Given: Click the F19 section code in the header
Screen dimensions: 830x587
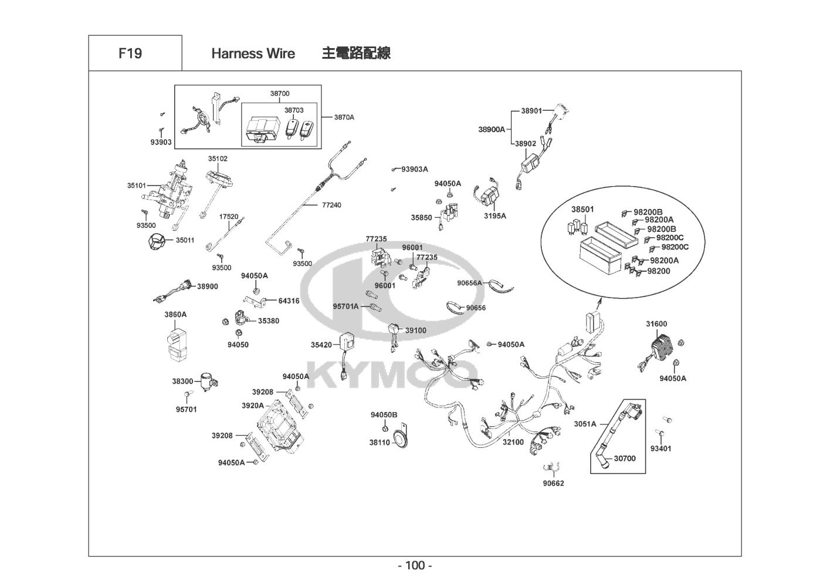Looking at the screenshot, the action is point(130,53).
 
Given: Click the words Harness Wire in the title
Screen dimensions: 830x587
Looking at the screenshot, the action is point(253,53).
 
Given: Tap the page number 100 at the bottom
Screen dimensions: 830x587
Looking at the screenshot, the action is point(415,566).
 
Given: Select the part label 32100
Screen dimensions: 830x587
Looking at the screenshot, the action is point(513,442).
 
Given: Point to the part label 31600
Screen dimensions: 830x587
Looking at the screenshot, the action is point(656,324).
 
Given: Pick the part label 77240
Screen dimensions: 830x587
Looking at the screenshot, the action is point(331,205).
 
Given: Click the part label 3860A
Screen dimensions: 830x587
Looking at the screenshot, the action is point(175,315).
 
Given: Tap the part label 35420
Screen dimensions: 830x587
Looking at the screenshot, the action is point(321,345).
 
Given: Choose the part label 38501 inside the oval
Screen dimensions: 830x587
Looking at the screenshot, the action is point(582,210).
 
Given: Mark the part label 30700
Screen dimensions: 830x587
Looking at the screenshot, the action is point(625,458).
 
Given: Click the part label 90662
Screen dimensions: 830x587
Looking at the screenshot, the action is point(553,484).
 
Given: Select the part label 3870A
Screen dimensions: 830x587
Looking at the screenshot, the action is point(344,117).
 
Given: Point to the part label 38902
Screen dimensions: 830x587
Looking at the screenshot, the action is point(525,143).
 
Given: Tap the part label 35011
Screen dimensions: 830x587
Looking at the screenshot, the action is point(185,240).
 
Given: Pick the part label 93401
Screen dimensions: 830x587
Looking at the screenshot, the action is point(661,448).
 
